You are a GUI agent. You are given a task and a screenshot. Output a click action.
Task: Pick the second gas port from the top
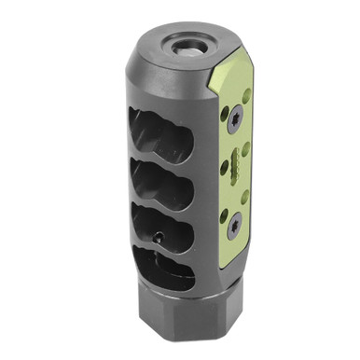(x=163, y=182)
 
